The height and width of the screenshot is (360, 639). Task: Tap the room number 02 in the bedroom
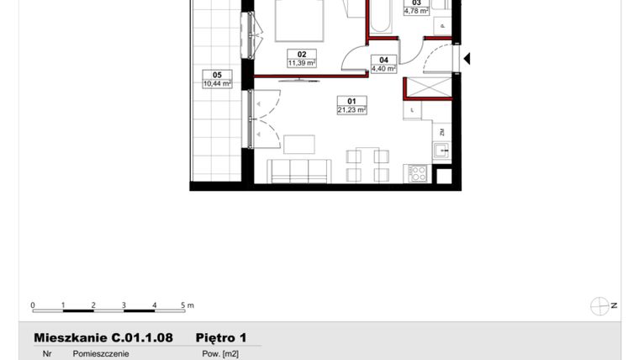coord(301,54)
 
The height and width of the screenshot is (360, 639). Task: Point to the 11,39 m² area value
coord(301,63)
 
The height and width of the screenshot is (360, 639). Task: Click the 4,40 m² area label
coord(383,69)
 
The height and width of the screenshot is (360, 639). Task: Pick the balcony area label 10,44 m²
coord(217,82)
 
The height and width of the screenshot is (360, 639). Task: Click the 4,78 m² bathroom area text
coord(416,12)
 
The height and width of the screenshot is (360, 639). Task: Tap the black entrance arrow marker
coord(467,59)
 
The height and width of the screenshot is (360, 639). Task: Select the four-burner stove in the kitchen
coord(418,174)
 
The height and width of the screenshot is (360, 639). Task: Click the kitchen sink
coord(441,152)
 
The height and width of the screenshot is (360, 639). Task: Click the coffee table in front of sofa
coord(298,145)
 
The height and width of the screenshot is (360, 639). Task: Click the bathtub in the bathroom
coord(380,17)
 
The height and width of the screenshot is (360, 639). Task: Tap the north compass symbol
coord(600,306)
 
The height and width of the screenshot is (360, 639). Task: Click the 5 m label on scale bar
coord(187,304)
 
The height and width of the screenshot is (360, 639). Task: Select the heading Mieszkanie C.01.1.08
coord(103,337)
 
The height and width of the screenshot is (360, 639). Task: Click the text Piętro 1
coord(221,337)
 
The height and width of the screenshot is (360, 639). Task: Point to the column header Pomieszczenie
coord(101,354)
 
